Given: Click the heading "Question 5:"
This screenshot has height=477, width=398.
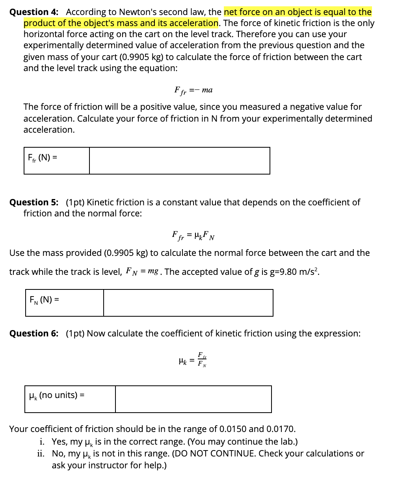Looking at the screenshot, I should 34,203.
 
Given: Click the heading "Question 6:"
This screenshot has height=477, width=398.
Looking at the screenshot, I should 34,334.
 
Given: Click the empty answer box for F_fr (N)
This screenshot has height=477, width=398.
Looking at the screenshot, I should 179,161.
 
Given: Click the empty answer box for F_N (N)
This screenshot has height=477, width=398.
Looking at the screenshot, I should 188,303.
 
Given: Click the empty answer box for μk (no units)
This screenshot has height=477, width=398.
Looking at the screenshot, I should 193,399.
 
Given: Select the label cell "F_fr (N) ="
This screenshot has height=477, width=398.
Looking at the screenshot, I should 56,161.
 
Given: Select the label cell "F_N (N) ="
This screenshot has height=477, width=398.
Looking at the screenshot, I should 64,303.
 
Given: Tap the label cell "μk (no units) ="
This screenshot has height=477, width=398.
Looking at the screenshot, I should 70,399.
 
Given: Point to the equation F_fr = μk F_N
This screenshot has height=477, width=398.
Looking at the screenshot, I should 193,236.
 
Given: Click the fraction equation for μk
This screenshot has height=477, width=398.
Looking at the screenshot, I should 193,359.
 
